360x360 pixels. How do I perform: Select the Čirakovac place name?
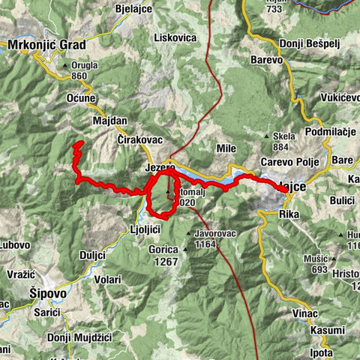click(x=140, y=141)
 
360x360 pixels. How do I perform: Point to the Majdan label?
click(x=110, y=121)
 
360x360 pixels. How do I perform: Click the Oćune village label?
click(x=80, y=98)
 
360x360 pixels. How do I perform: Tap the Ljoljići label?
click(x=145, y=229)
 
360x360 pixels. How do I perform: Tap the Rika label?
click(x=289, y=214)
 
